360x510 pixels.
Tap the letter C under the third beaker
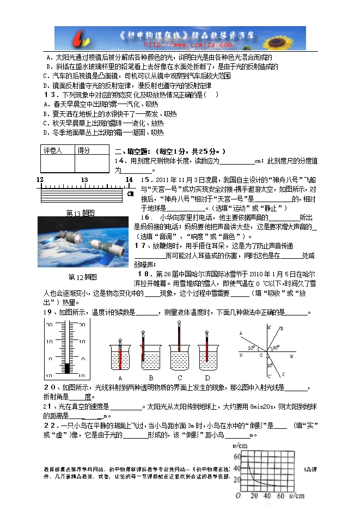(180, 378)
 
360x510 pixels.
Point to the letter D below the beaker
(208, 378)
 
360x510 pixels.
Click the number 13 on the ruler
(84, 179)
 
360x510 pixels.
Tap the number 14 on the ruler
(129, 179)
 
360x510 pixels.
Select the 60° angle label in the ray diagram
(276, 347)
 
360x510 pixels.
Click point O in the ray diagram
(261, 356)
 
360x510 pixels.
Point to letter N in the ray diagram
(240, 356)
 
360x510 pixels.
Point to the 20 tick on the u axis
(254, 496)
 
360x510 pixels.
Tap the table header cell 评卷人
(53, 150)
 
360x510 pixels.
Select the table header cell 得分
(84, 150)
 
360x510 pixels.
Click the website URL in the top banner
(181, 45)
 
